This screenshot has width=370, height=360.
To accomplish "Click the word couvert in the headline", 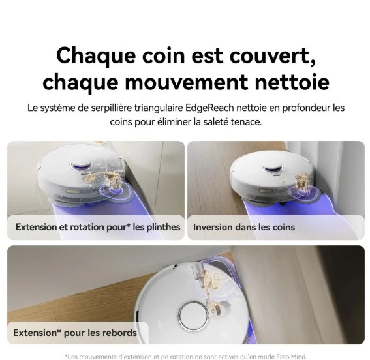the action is coord(273,55).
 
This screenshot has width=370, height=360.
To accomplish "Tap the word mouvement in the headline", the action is coord(187,82).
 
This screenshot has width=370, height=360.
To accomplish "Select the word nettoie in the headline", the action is coord(292,82).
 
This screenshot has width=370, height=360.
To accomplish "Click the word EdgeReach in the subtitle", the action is coord(209,108).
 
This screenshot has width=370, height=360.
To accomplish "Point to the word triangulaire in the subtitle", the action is coord(159,108).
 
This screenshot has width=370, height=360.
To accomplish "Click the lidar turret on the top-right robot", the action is coord(273,168).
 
